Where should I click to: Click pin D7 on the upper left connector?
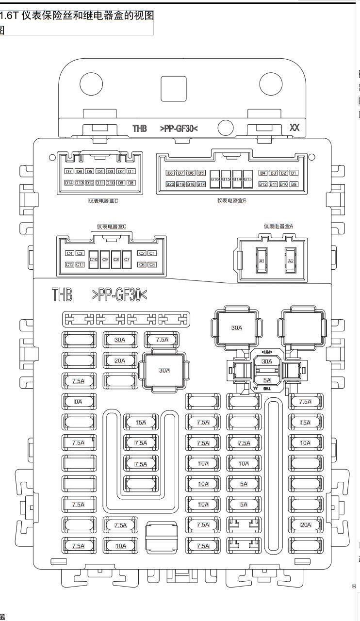[x=68, y=171]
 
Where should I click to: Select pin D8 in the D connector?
[x=131, y=183]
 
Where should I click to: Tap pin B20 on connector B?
[x=170, y=184]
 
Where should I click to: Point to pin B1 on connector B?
[x=294, y=173]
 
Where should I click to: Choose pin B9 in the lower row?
[x=294, y=184]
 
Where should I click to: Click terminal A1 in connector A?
[x=262, y=261]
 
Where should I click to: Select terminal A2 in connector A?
[x=291, y=261]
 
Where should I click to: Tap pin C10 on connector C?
[x=94, y=260]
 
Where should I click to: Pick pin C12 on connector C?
[x=69, y=264]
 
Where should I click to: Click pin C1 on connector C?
[x=152, y=253]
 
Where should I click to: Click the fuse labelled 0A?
[x=78, y=402]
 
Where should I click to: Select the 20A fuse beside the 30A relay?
[x=120, y=361]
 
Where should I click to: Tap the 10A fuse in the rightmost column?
[x=305, y=443]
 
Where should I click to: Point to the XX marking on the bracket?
[x=295, y=128]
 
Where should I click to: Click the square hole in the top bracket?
[x=173, y=88]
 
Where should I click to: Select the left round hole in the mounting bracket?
[x=91, y=84]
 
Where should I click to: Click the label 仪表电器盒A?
[x=278, y=226]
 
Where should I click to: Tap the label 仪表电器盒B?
[x=231, y=200]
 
